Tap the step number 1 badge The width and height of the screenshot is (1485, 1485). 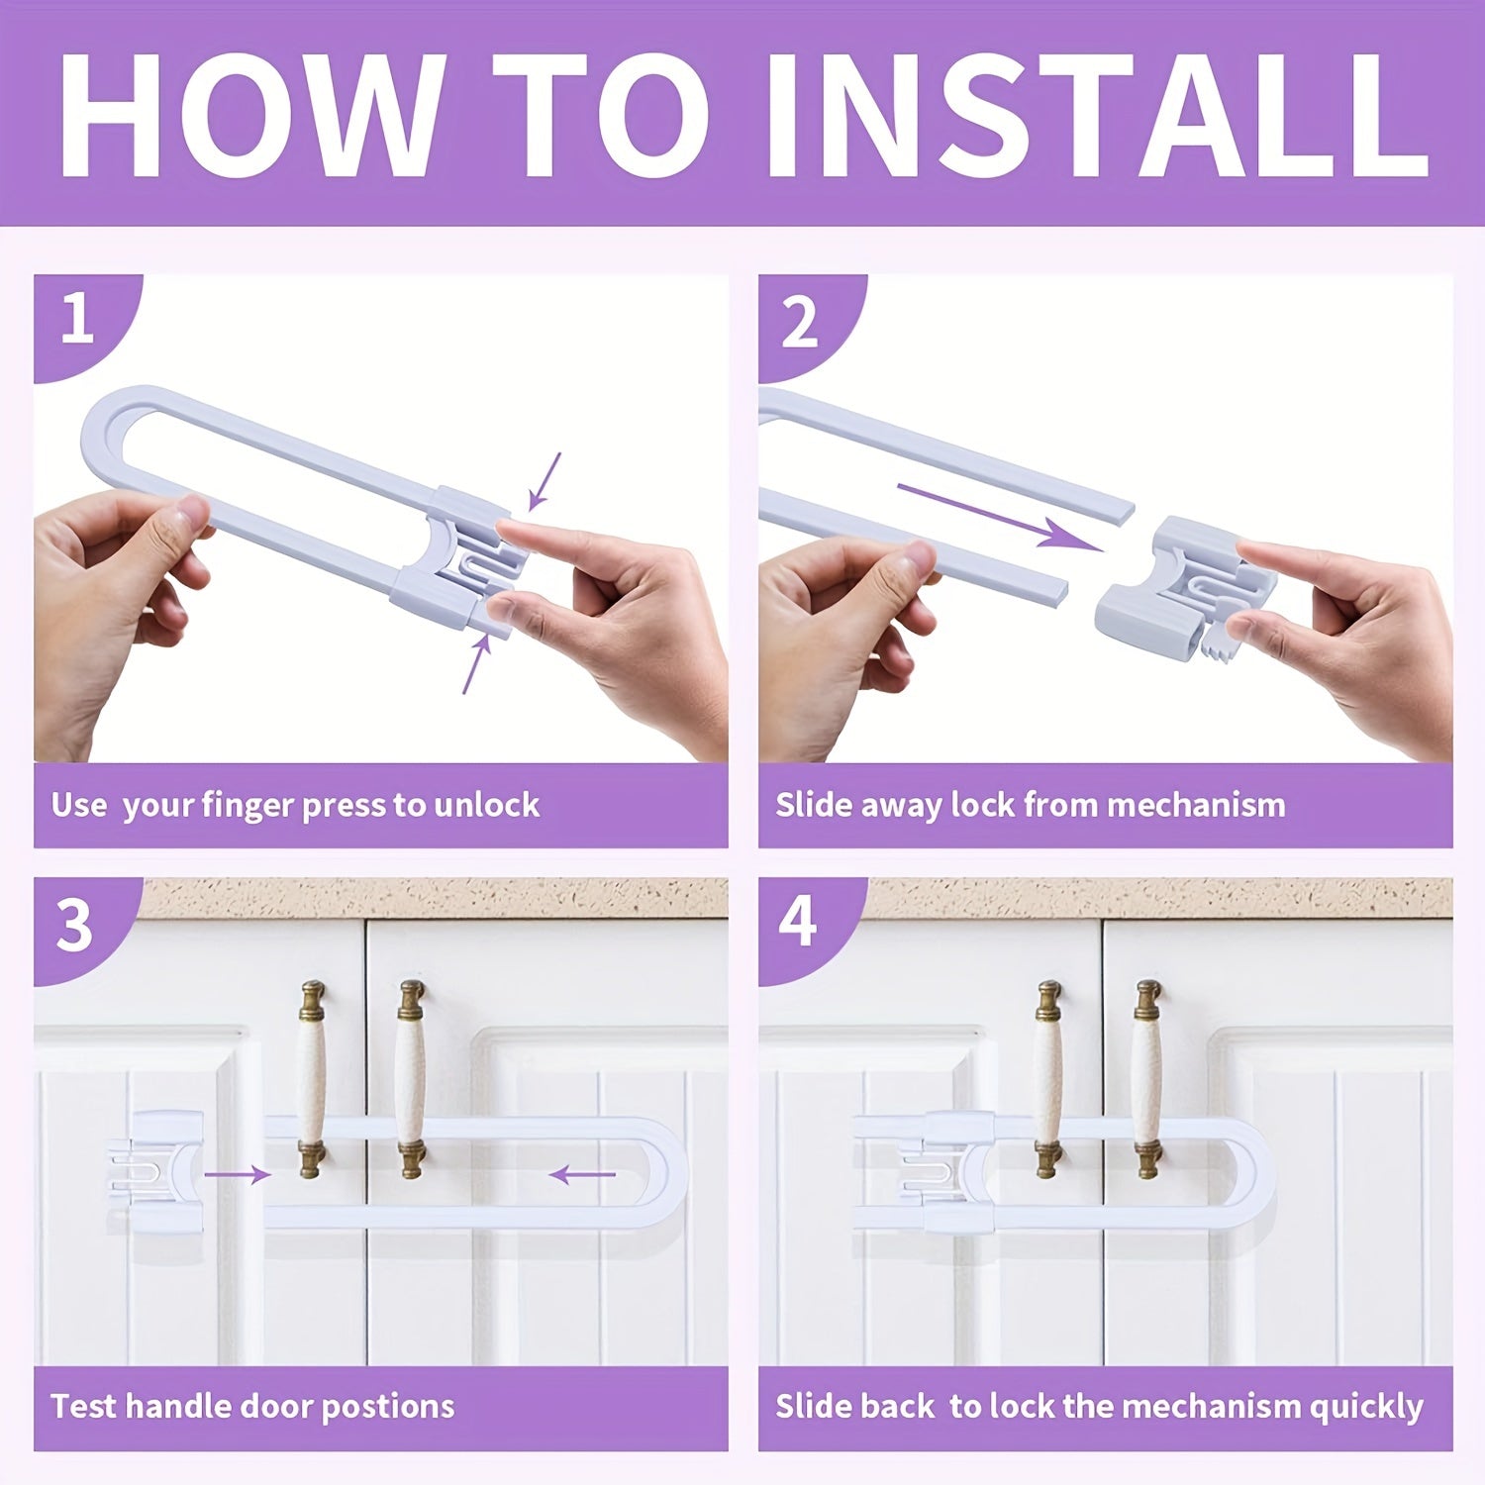[x=77, y=320]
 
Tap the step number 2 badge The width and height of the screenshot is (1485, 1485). [x=800, y=322]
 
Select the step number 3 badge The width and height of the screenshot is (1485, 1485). [x=75, y=926]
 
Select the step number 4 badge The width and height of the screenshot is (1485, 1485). [x=798, y=922]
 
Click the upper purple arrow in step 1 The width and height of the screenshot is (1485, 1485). [x=544, y=482]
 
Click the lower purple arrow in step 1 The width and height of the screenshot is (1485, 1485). [x=476, y=664]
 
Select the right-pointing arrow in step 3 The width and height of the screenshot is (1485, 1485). [x=237, y=1175]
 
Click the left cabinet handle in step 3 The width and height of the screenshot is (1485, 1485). [x=312, y=1079]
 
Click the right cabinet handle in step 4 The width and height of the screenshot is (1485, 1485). [x=1147, y=1079]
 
